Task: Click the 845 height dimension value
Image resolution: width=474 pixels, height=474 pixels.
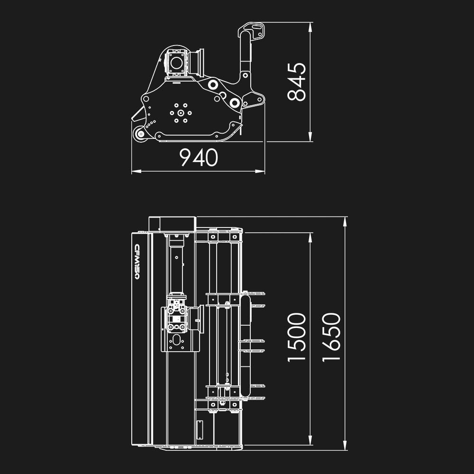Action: point(297,82)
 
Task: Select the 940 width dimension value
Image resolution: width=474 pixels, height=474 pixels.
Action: point(199,157)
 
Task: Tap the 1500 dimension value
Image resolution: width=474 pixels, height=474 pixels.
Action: point(297,337)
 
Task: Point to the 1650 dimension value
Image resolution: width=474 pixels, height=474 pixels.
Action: point(331,337)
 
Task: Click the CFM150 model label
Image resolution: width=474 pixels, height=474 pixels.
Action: point(137,262)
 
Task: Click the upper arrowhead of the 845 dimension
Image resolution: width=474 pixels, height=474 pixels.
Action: point(310,27)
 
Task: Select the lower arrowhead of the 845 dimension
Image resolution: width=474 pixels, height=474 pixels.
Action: point(310,137)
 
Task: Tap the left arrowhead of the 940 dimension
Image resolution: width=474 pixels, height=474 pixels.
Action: point(137,172)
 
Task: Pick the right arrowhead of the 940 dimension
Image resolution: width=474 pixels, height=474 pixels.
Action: point(260,172)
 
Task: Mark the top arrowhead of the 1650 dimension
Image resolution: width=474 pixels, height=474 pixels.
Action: point(345,221)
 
